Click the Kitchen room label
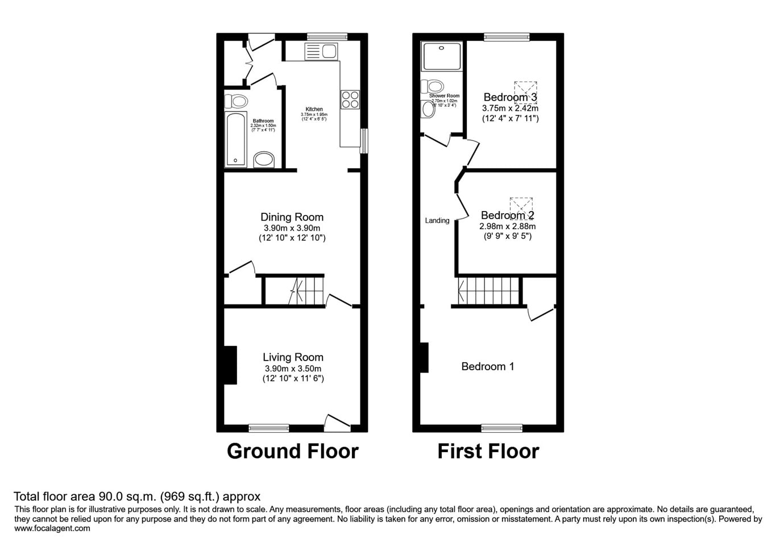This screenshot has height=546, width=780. point(314,109)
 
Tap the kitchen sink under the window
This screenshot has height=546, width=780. point(321,52)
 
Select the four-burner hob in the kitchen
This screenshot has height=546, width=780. point(350,100)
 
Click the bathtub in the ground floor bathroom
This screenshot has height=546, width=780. point(236,139)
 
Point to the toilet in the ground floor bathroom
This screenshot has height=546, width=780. point(237,102)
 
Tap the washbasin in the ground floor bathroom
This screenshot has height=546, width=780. point(264,159)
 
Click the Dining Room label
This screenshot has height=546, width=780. point(292,217)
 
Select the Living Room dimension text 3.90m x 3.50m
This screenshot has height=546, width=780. point(293,369)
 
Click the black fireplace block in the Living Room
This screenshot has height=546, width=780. point(230,365)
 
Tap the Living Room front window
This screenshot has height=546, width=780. point(269,428)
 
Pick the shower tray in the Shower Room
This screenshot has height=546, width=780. point(441,56)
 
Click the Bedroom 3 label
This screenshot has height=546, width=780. point(510,97)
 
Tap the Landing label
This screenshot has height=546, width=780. point(437,221)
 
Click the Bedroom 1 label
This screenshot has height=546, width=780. point(488,367)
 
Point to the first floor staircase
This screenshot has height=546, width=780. point(489,291)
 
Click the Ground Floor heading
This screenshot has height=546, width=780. point(293,451)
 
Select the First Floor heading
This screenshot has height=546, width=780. point(488,451)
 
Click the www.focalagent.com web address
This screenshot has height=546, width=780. point(52,528)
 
